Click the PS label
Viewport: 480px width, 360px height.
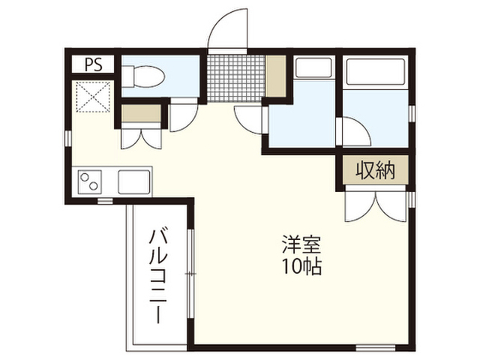(93, 65)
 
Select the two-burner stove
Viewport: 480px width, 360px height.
(90, 181)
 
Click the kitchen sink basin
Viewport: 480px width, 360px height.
(134, 181)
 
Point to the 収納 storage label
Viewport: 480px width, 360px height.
(375, 170)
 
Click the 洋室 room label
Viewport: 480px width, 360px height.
(301, 244)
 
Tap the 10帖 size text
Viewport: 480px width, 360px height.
(301, 266)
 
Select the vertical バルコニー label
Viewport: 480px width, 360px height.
(158, 276)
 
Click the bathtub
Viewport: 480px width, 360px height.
(375, 71)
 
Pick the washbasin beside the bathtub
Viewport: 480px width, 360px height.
(313, 67)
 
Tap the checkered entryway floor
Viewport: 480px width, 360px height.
(235, 78)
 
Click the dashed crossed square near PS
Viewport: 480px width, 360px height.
(93, 97)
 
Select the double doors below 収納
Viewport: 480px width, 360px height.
(376, 205)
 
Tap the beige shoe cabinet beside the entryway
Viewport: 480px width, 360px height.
(275, 76)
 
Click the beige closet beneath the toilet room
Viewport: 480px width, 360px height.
(141, 113)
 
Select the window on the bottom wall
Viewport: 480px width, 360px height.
(376, 348)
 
